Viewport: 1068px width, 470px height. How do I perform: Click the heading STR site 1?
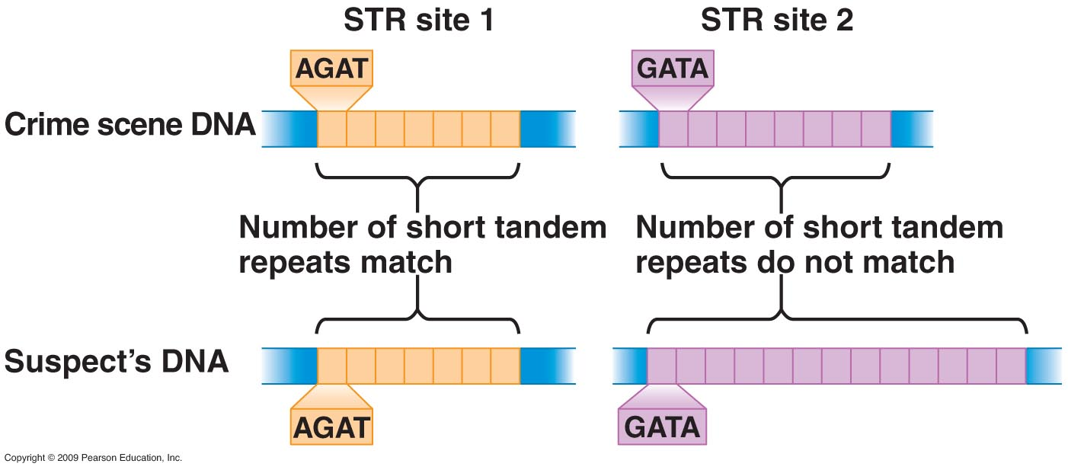[418, 21]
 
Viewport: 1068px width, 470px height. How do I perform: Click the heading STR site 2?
[777, 21]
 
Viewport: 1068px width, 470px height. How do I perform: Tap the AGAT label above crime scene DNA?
[332, 69]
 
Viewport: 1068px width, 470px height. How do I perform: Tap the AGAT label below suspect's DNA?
[332, 427]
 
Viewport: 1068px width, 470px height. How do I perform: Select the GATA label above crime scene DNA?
[673, 69]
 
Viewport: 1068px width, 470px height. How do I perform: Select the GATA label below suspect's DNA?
[661, 427]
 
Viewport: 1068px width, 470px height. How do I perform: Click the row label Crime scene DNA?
[130, 125]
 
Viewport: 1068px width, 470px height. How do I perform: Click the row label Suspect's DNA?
[117, 361]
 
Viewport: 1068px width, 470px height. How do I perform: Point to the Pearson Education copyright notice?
[93, 458]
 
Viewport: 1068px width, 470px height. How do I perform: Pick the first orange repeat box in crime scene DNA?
[332, 129]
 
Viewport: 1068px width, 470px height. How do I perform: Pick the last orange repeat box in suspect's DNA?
[505, 365]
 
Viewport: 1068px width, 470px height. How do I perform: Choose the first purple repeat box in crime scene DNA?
[673, 129]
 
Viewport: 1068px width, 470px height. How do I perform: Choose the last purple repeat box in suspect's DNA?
[1011, 365]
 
